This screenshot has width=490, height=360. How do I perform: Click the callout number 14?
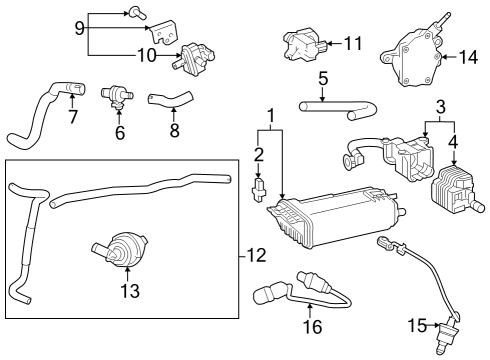(468, 58)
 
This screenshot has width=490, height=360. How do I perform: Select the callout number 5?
(323, 77)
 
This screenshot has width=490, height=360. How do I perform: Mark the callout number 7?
(72, 118)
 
